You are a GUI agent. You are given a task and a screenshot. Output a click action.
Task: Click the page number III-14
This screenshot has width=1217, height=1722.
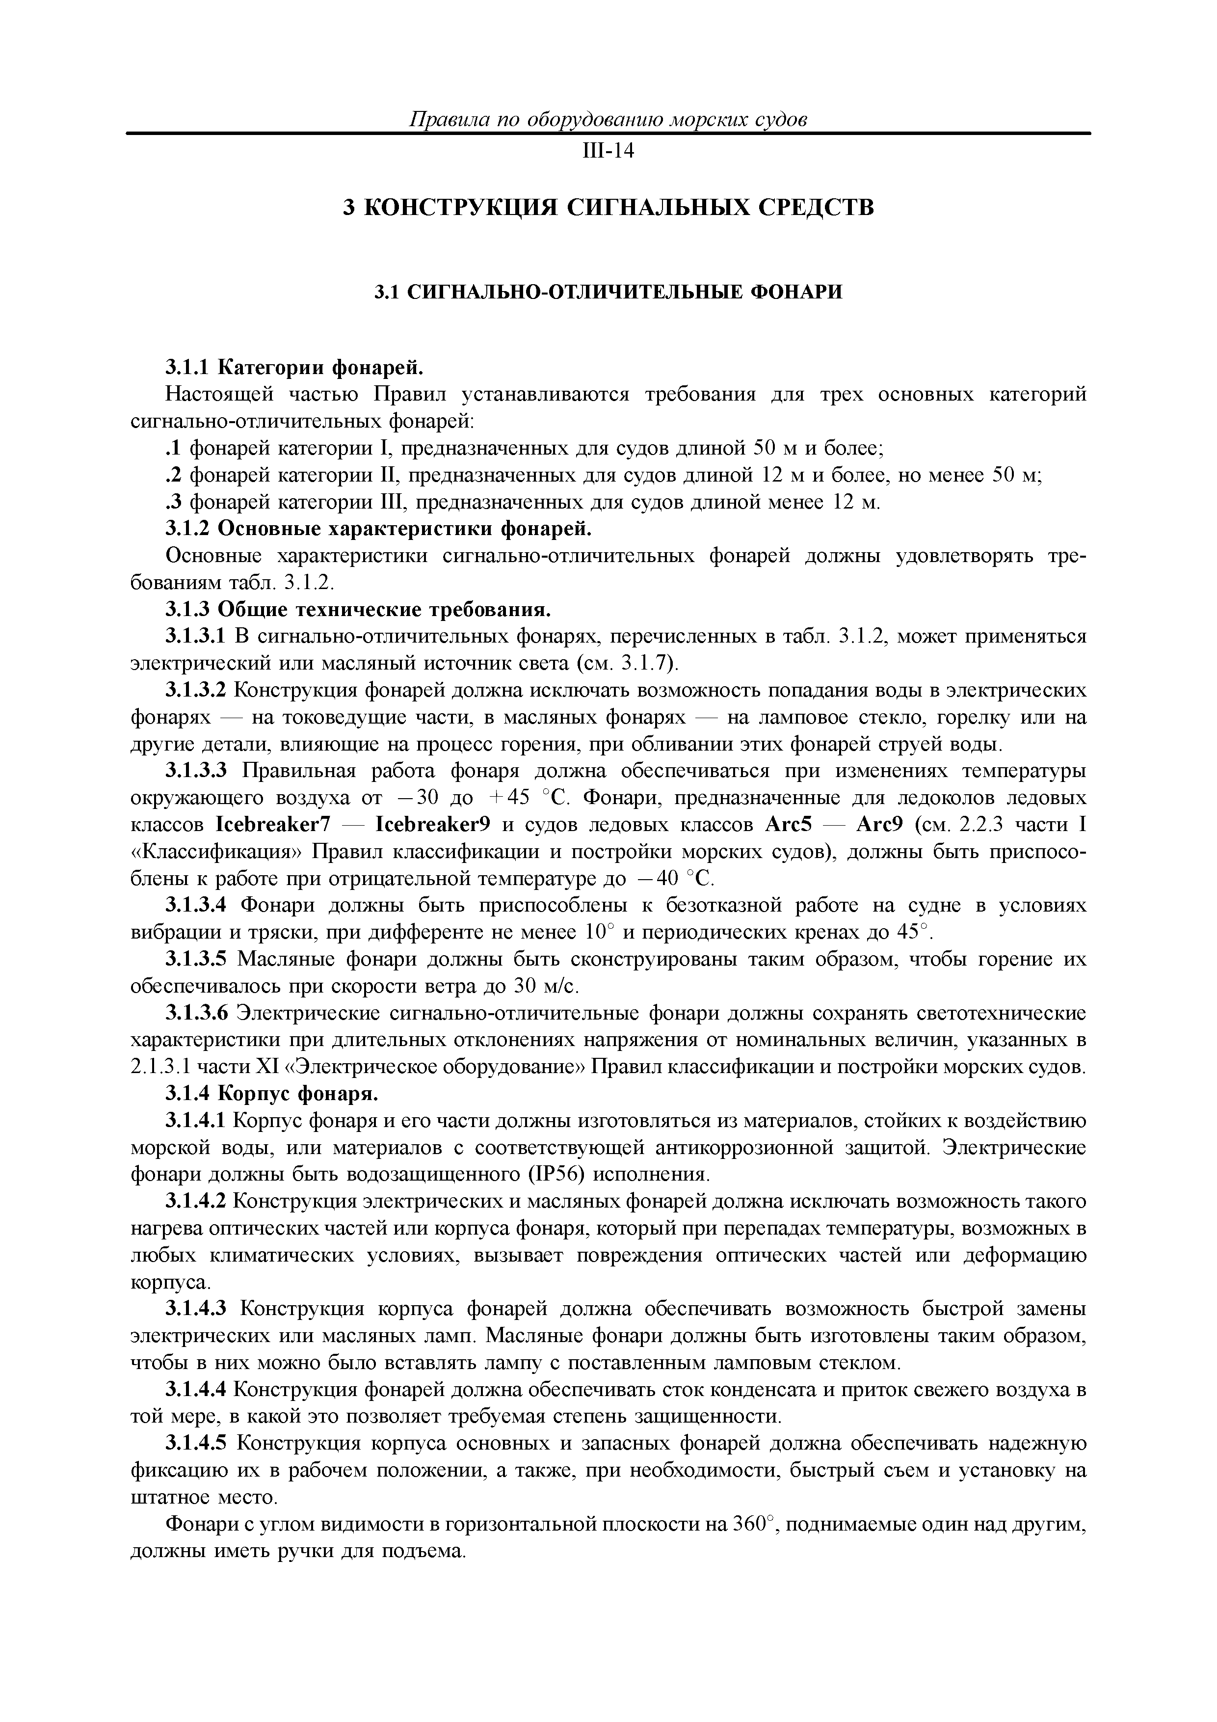point(608,152)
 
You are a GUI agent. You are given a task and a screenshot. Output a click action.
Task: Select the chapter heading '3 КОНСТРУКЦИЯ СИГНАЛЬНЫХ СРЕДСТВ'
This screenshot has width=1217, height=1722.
point(608,207)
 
